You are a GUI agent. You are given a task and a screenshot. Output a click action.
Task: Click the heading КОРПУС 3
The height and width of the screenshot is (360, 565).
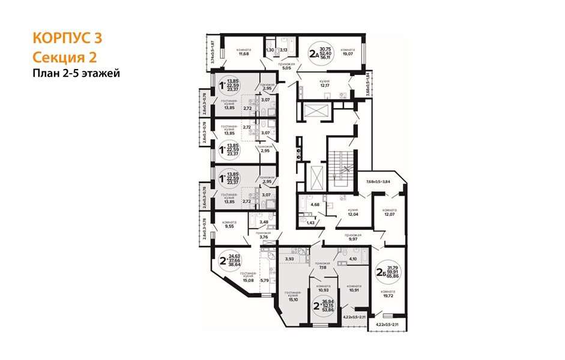(x=67, y=38)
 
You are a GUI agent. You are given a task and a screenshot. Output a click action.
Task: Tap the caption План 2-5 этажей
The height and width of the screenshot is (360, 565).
(x=76, y=73)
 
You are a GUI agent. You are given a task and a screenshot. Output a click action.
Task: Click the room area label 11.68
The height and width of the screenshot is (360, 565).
(x=243, y=53)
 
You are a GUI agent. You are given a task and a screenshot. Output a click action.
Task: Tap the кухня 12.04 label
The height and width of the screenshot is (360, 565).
(x=353, y=212)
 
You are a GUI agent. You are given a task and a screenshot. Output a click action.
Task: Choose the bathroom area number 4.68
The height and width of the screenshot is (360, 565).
(x=314, y=205)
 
